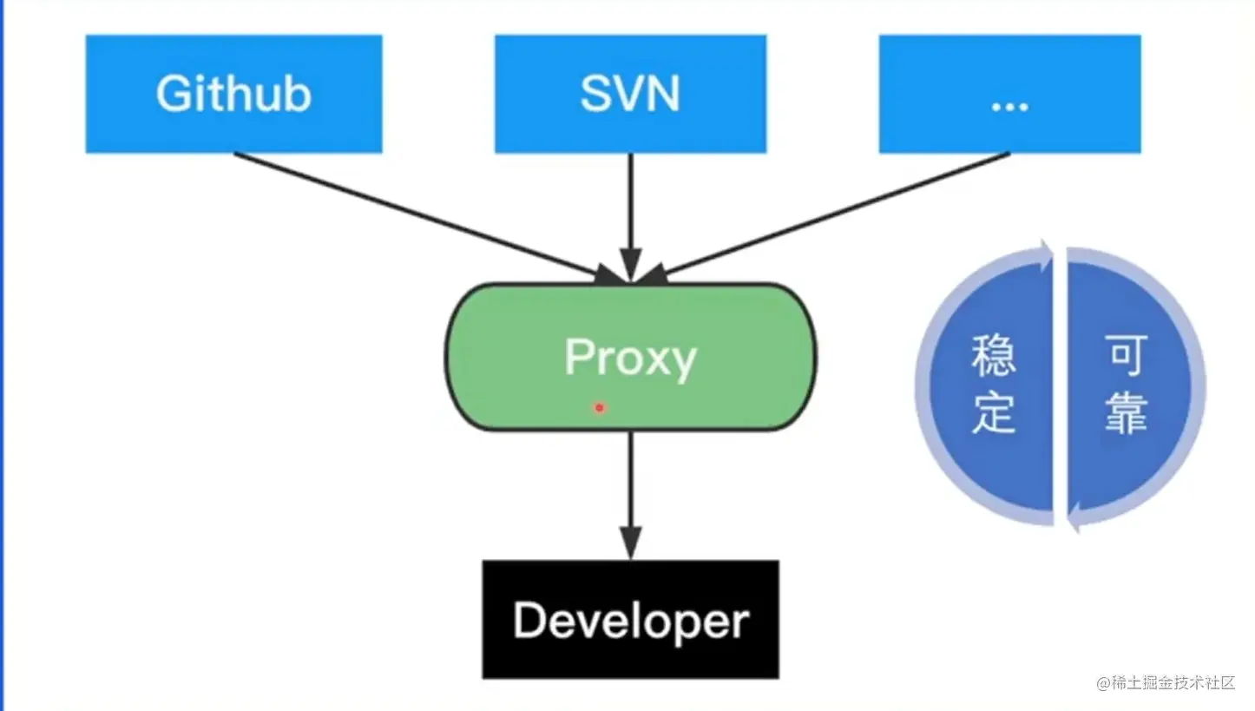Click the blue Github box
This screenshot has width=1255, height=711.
pyautogui.click(x=233, y=94)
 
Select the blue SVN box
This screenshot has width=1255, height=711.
pyautogui.click(x=630, y=94)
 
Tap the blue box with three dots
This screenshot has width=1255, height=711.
pyautogui.click(x=1009, y=94)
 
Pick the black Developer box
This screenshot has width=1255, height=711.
pyautogui.click(x=630, y=619)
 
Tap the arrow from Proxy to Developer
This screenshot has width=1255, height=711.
pyautogui.click(x=631, y=490)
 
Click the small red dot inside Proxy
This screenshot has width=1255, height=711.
pyautogui.click(x=599, y=406)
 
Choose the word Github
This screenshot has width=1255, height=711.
pyautogui.click(x=233, y=94)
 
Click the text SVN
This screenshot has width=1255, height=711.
pyautogui.click(x=630, y=94)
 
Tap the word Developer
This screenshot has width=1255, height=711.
pyautogui.click(x=630, y=621)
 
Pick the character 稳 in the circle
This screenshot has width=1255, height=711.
pyautogui.click(x=994, y=357)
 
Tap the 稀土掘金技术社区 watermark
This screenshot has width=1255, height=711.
pyautogui.click(x=1165, y=682)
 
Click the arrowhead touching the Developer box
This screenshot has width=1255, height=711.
pyautogui.click(x=631, y=544)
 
